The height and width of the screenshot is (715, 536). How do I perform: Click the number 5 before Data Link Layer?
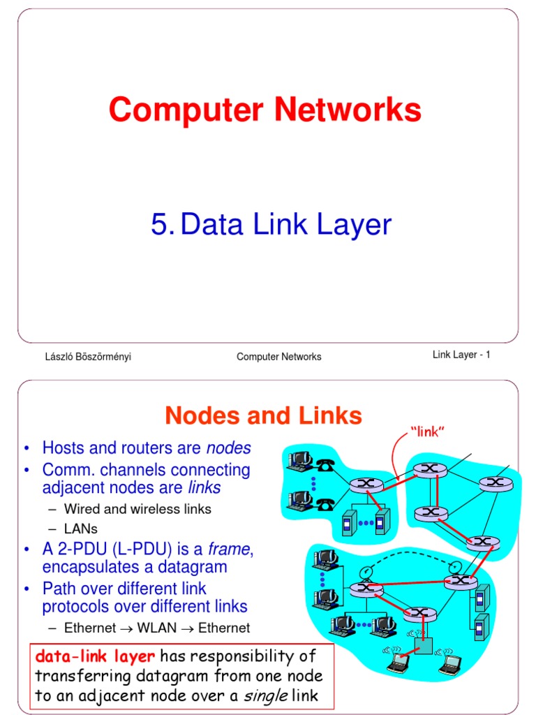tap(159, 226)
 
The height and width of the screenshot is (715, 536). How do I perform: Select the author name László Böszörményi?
tap(88, 357)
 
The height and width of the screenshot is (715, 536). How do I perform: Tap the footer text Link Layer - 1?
tap(461, 355)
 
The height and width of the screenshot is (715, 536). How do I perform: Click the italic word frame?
tap(229, 550)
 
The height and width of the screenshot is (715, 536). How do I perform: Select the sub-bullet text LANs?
tap(81, 529)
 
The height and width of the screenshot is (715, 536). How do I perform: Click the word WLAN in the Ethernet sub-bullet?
tap(157, 628)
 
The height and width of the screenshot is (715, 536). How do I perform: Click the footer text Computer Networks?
tap(278, 357)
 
